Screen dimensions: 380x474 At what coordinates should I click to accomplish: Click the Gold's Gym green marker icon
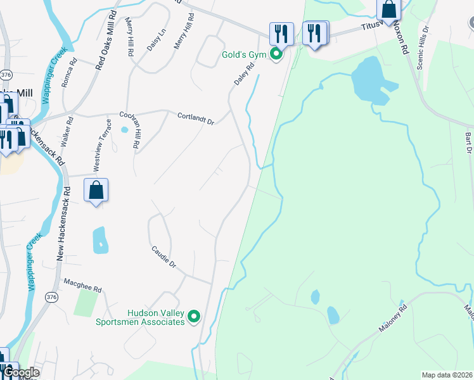(276, 54)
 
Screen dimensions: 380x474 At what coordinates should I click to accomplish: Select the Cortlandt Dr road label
(196, 117)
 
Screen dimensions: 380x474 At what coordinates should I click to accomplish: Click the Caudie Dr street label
(163, 255)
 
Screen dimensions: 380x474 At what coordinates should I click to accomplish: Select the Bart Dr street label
(468, 143)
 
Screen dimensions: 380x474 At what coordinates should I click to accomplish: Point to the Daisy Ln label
(152, 41)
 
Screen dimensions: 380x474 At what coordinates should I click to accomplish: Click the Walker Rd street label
(66, 132)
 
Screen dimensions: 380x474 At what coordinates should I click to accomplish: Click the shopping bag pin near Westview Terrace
(96, 190)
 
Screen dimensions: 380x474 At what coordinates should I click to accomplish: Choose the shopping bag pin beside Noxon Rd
(389, 9)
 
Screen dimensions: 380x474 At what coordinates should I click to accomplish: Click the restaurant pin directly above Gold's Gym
(281, 34)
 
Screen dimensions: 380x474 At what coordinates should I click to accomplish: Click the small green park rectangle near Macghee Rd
(85, 303)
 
